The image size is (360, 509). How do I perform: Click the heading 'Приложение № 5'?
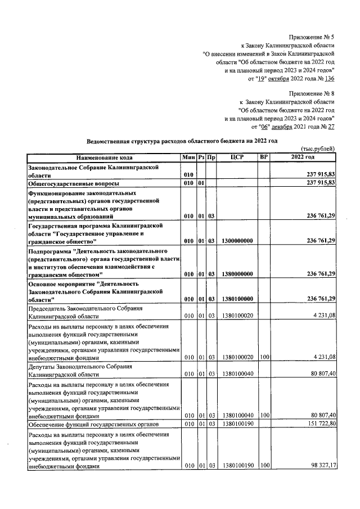point(312,35)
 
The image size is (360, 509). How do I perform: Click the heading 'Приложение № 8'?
point(312,93)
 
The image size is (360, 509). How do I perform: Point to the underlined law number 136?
point(330,79)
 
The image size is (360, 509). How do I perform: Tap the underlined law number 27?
point(331,127)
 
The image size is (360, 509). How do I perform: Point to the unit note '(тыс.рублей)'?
point(318,148)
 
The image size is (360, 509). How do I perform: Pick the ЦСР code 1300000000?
point(237,241)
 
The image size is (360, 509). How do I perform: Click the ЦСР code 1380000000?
point(237,274)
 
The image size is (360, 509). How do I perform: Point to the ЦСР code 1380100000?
point(237,299)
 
